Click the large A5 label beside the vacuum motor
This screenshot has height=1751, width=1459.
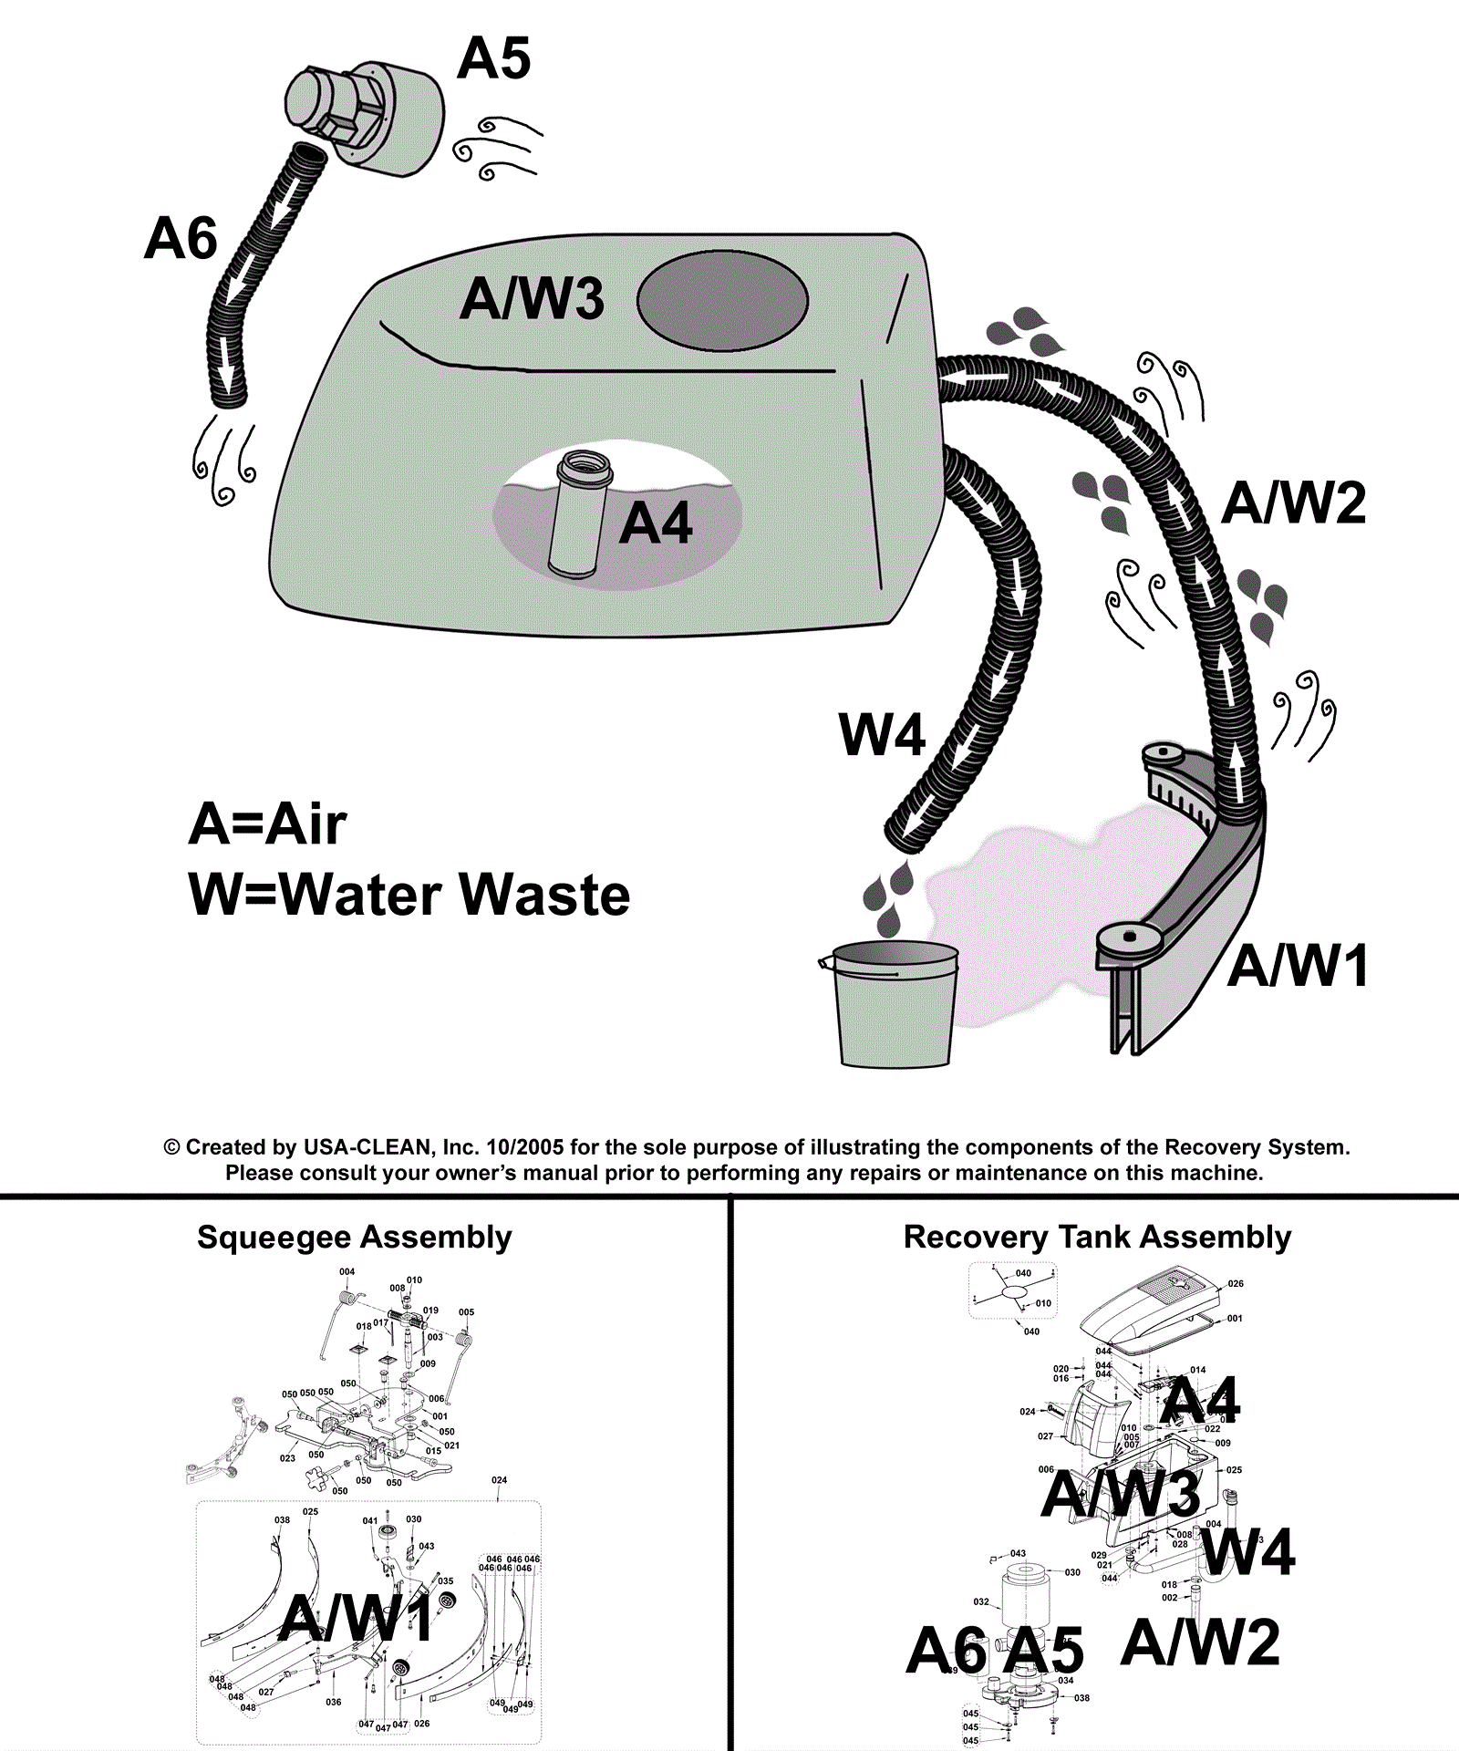click(493, 59)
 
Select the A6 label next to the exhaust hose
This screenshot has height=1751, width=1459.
click(181, 239)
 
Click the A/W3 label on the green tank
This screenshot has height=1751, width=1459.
click(532, 299)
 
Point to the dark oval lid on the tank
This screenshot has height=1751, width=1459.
click(722, 302)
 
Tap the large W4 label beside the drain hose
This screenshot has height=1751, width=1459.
click(882, 735)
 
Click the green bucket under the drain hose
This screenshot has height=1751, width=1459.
click(895, 1004)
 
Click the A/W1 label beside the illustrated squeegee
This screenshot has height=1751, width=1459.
click(1297, 967)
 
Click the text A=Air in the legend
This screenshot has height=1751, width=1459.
click(267, 825)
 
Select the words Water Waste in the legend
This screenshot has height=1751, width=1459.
click(454, 896)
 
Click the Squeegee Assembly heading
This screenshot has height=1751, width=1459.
click(354, 1238)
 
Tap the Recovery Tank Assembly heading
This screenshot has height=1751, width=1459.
click(1097, 1238)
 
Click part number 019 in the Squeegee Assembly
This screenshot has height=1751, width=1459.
click(430, 1311)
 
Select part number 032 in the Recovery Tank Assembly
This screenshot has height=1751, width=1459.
click(981, 1601)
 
